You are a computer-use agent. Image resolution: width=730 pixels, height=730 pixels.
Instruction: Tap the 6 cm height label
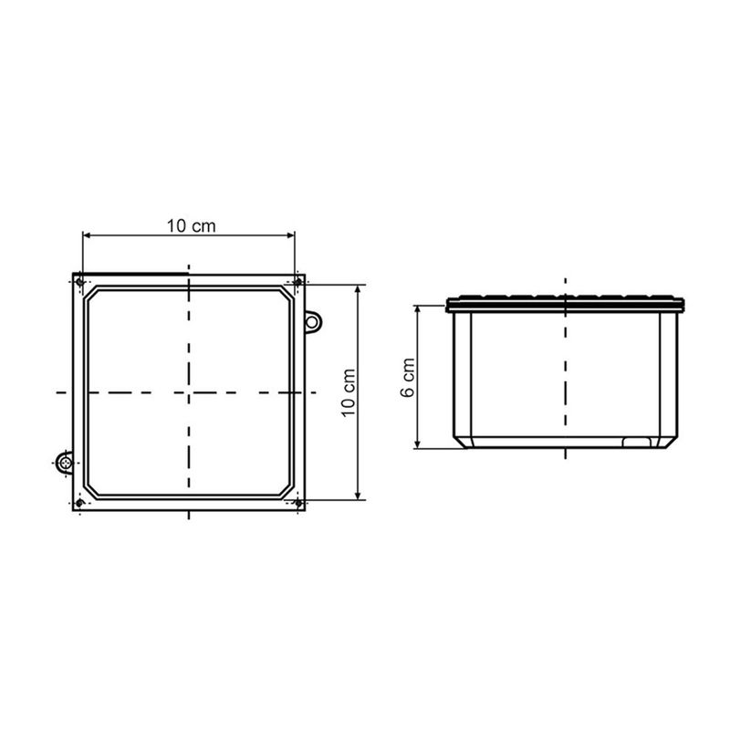tap(408, 378)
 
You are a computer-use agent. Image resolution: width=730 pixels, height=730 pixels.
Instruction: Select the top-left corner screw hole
tap(80, 281)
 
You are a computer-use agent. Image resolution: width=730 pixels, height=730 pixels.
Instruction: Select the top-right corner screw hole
tap(297, 282)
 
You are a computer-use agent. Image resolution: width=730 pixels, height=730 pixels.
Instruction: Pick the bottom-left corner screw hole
tap(80, 503)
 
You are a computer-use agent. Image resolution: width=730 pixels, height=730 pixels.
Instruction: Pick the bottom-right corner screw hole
tap(297, 503)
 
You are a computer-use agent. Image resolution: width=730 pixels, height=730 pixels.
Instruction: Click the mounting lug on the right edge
tap(313, 321)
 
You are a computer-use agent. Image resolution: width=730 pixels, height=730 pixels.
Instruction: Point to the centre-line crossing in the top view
tap(188, 392)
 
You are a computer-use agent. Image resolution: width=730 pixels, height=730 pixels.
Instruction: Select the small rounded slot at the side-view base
tap(637, 443)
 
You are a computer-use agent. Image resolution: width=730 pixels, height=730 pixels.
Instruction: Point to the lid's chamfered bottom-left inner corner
tap(92, 488)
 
